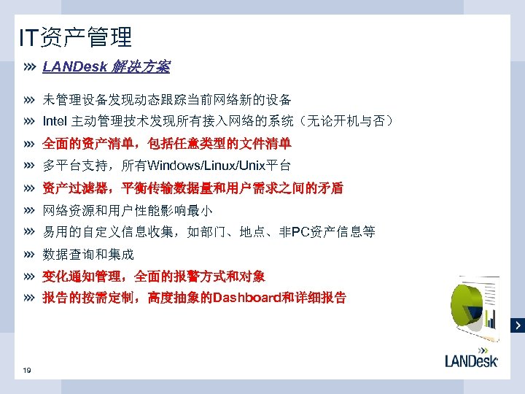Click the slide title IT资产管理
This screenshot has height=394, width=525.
click(x=77, y=36)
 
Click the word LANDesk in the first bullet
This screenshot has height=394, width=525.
click(x=74, y=67)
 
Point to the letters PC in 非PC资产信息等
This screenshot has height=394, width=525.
click(x=299, y=232)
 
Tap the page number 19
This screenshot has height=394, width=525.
click(x=27, y=371)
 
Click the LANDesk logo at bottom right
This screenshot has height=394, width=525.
click(x=471, y=360)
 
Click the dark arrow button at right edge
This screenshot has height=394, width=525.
click(x=518, y=324)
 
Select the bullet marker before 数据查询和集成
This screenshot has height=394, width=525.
click(x=29, y=255)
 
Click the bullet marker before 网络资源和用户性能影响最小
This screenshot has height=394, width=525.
click(x=29, y=210)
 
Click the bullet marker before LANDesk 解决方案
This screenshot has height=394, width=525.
click(x=29, y=67)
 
